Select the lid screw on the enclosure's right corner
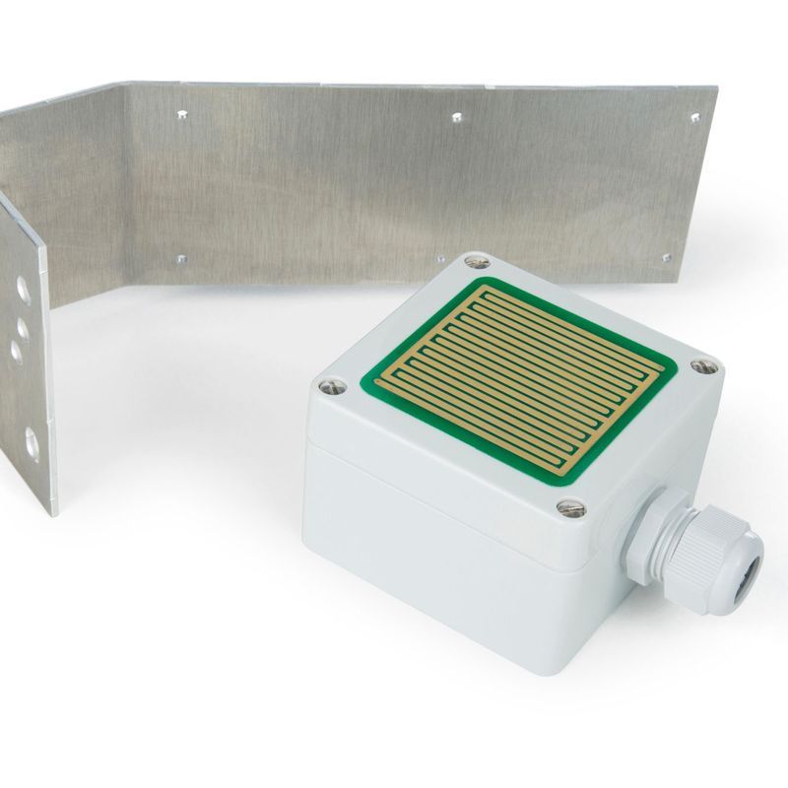coord(700,365)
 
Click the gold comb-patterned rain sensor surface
coord(522,379)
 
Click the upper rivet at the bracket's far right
coord(694,118)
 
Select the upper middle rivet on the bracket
coord(456,117)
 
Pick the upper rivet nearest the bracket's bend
coord(182,115)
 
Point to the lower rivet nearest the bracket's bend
coord(181,260)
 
